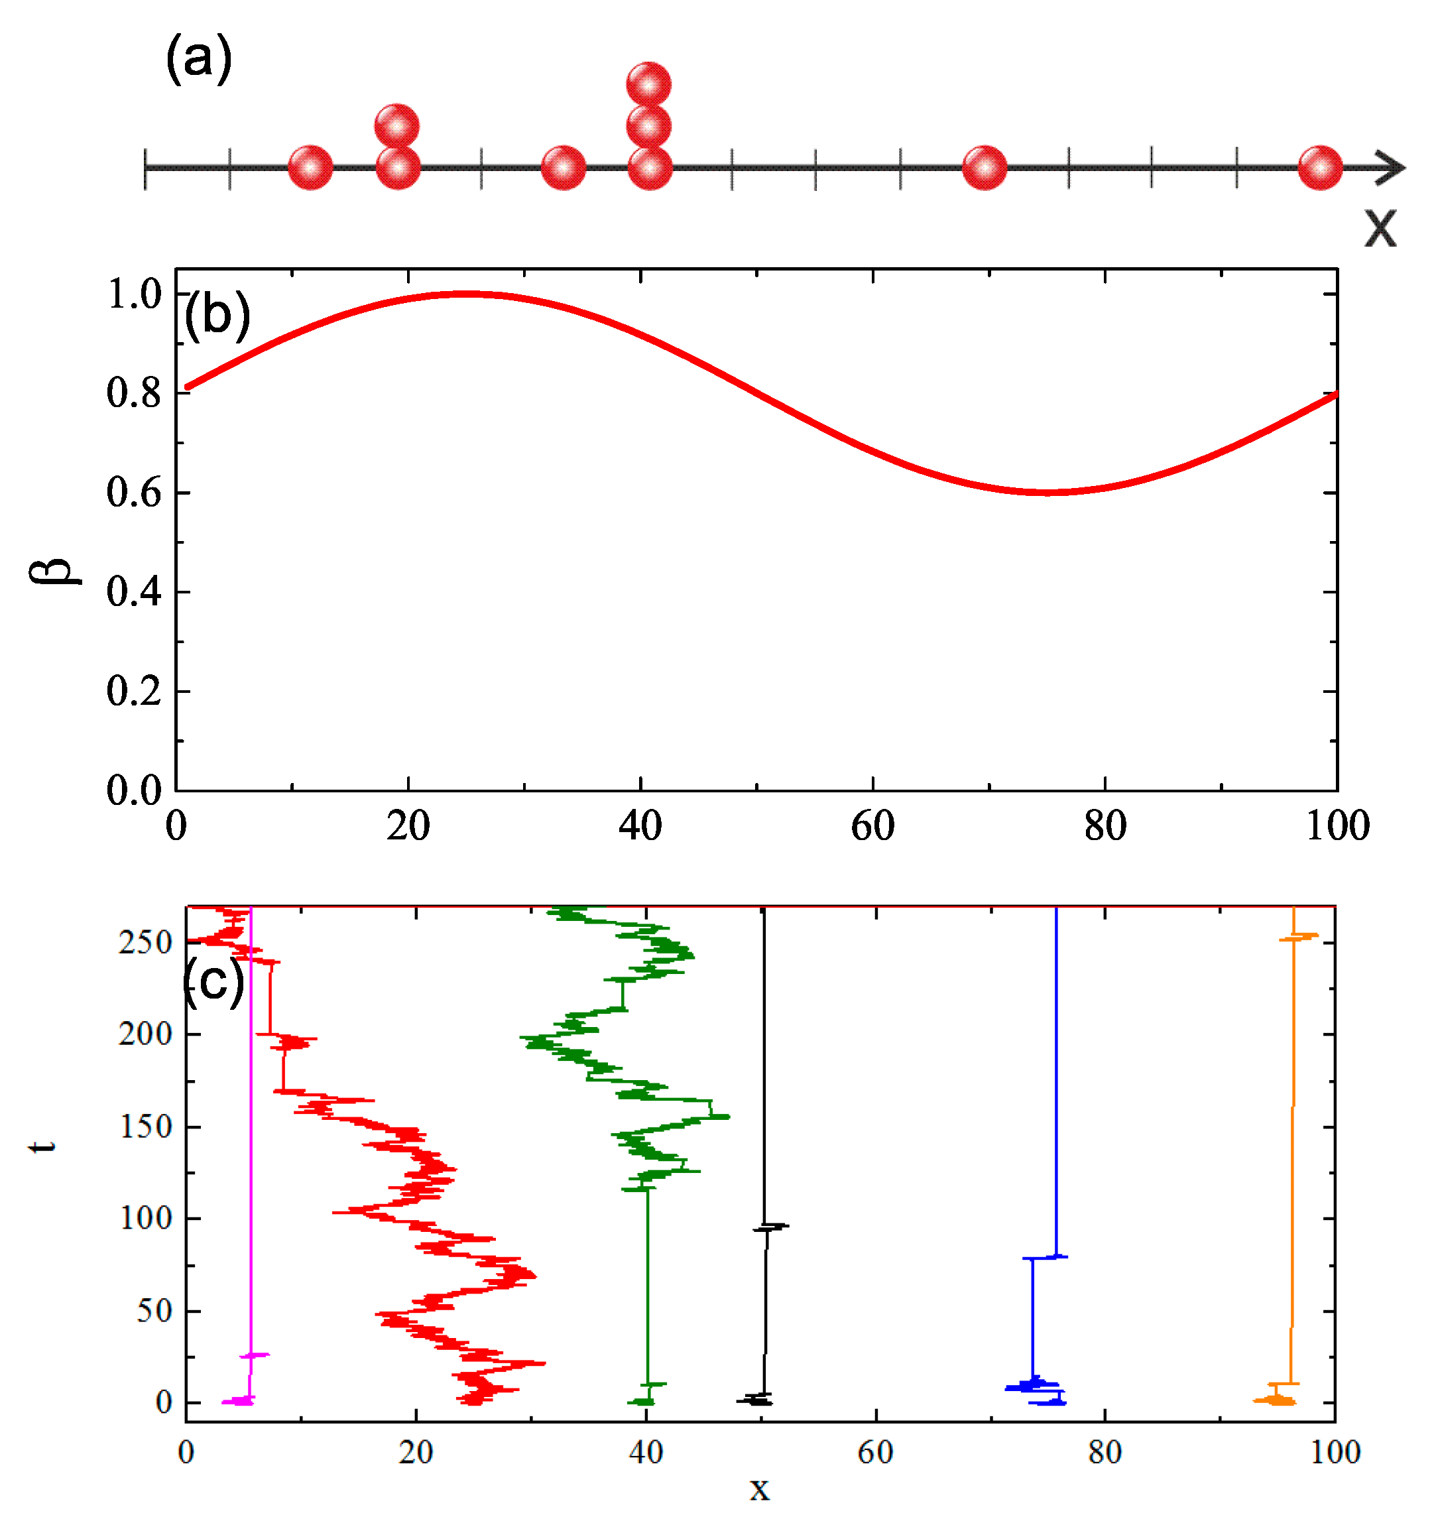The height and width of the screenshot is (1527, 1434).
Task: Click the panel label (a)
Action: [198, 58]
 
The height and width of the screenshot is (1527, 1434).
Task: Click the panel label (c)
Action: [214, 983]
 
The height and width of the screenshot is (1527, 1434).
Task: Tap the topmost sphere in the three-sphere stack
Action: [649, 84]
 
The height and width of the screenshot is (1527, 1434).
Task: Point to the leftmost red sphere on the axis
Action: [310, 168]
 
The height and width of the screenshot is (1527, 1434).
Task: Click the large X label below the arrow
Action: [1380, 227]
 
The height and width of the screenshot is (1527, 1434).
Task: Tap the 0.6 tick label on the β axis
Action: [134, 493]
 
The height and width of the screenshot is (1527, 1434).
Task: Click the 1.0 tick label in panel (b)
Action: [135, 295]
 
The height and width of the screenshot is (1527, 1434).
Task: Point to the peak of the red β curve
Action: [466, 294]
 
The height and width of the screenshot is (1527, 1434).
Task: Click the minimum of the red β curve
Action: [1047, 491]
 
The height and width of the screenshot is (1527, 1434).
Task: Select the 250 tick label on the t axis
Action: [145, 942]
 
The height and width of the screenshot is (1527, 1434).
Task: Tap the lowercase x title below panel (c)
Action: [759, 1489]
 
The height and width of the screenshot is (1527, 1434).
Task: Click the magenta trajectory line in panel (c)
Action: [251, 1152]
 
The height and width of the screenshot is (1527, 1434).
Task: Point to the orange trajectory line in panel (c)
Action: [1293, 1152]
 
